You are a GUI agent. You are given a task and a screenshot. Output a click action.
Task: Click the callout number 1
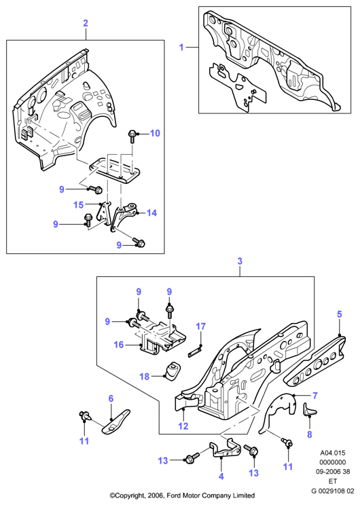point(181,48)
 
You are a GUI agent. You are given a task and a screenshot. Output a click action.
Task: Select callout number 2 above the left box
point(86,23)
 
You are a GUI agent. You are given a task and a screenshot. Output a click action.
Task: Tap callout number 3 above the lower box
point(240,261)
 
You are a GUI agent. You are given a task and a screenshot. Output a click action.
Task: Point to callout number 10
point(155,133)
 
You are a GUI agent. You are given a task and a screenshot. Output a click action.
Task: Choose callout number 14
point(151,213)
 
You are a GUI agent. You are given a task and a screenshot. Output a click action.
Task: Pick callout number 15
point(78,205)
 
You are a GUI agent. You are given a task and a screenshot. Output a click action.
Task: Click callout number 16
point(119,345)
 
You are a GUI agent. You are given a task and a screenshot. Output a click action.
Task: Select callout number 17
point(200,326)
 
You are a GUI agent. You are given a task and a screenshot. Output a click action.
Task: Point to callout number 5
point(340,314)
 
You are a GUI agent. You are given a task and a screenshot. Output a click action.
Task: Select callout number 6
point(111,398)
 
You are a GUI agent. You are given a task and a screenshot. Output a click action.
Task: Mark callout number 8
point(310,434)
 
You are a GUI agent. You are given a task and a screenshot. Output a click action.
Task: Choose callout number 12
point(183,426)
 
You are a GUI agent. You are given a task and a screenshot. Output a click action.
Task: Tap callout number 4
point(221,476)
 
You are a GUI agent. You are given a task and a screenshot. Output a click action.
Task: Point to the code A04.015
point(333,453)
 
